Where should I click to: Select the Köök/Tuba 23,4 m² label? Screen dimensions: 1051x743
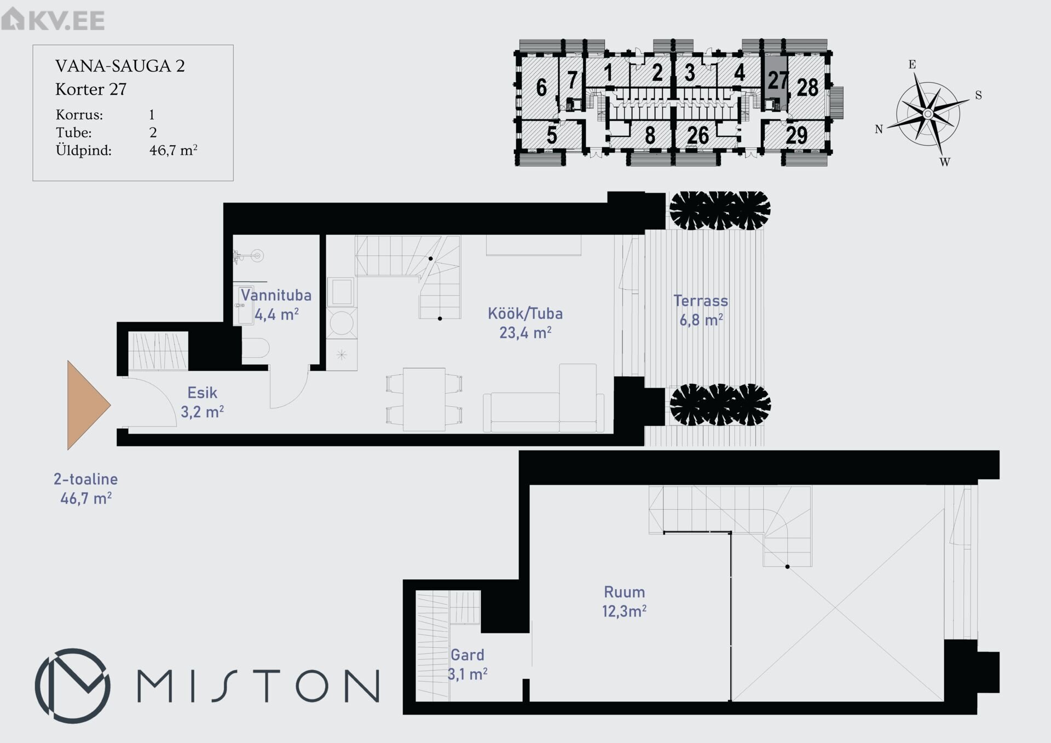pyautogui.click(x=525, y=323)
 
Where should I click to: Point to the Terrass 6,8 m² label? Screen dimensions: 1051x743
pyautogui.click(x=701, y=310)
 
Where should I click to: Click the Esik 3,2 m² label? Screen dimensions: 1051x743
pyautogui.click(x=203, y=402)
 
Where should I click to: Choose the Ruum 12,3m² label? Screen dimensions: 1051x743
pyautogui.click(x=624, y=601)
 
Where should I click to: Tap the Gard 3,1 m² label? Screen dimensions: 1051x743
pyautogui.click(x=467, y=664)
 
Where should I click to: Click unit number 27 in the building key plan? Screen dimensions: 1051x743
pyautogui.click(x=777, y=80)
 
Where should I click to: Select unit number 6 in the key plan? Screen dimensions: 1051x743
pyautogui.click(x=541, y=88)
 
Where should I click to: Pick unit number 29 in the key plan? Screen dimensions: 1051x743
pyautogui.click(x=796, y=135)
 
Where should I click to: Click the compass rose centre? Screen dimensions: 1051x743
pyautogui.click(x=928, y=114)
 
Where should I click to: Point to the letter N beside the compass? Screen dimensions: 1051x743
pyautogui.click(x=879, y=129)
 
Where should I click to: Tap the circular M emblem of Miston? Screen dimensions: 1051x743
pyautogui.click(x=72, y=686)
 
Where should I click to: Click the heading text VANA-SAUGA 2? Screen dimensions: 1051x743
pyautogui.click(x=120, y=66)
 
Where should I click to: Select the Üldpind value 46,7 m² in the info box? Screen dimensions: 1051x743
pyautogui.click(x=173, y=150)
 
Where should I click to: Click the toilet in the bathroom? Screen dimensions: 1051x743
pyautogui.click(x=255, y=349)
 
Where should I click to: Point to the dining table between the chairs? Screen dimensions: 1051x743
pyautogui.click(x=424, y=399)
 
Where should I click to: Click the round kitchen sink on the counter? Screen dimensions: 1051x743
pyautogui.click(x=342, y=322)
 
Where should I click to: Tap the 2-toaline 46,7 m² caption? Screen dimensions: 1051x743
pyautogui.click(x=86, y=489)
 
